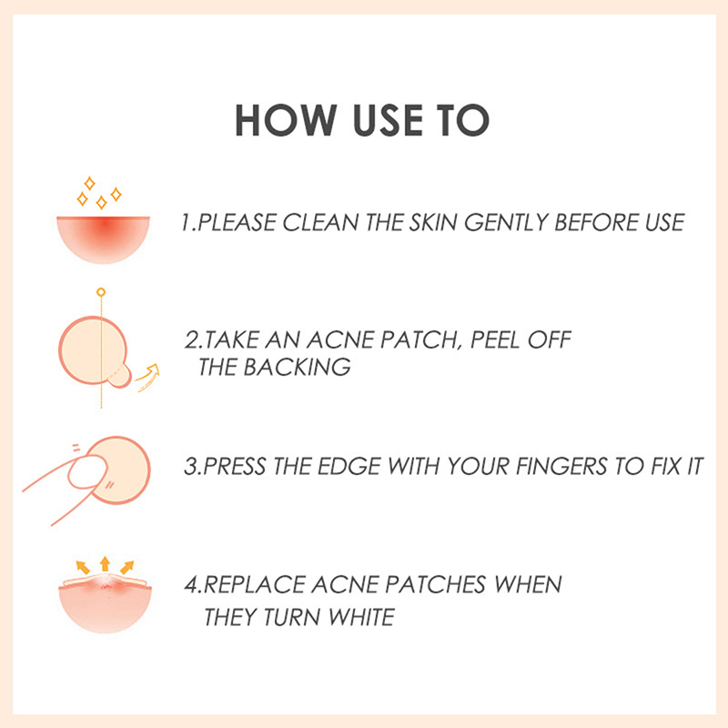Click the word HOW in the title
[x=286, y=120]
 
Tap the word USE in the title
[x=388, y=120]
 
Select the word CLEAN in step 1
[x=320, y=222]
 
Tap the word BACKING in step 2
[x=298, y=367]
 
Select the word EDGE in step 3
[x=349, y=466]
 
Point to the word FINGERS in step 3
[x=561, y=466]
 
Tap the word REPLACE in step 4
[x=254, y=584]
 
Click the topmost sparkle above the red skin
[x=89, y=183]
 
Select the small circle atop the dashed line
[x=101, y=292]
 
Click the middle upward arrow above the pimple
[x=105, y=563]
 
